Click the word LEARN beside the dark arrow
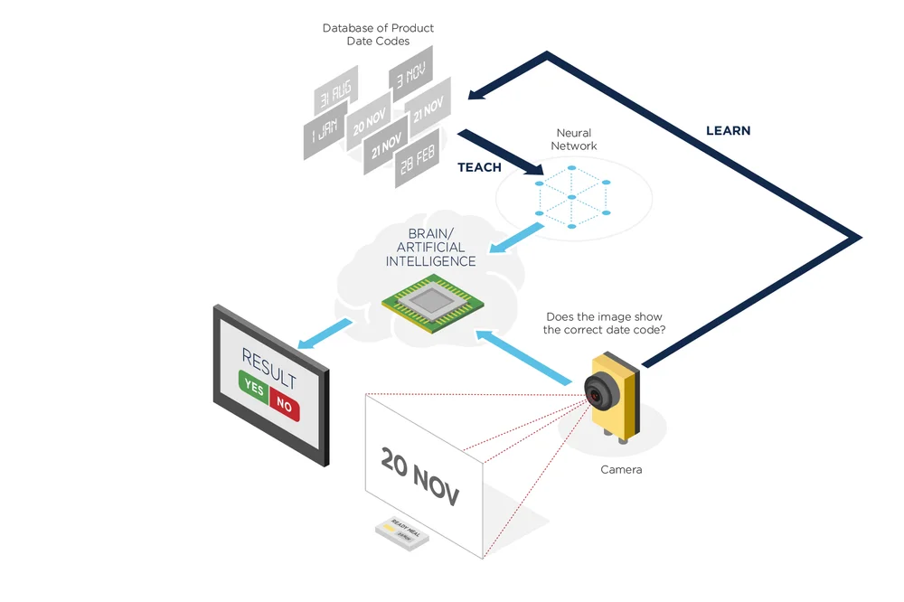click(728, 130)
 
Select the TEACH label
click(479, 167)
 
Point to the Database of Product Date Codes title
click(378, 34)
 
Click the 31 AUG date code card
click(335, 91)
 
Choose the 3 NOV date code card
click(410, 73)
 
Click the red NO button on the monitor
click(284, 405)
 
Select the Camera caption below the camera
click(621, 469)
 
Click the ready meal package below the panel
click(403, 532)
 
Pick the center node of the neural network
click(572, 196)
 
